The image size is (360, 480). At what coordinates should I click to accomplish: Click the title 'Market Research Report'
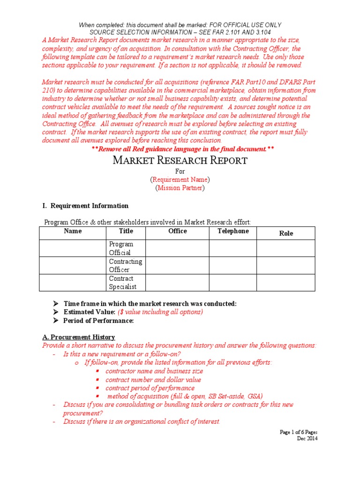click(180, 160)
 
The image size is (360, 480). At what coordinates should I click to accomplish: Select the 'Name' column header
click(73, 231)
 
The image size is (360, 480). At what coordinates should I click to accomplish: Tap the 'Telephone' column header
click(233, 231)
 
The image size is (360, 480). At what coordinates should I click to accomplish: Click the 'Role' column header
click(286, 233)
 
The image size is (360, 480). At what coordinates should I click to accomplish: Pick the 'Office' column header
click(178, 231)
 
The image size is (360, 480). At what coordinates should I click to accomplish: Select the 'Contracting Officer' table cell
click(126, 266)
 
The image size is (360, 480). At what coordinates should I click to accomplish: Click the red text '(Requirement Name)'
click(180, 180)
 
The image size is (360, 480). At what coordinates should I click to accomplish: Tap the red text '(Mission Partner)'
click(180, 188)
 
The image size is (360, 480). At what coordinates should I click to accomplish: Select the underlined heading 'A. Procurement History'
click(78, 337)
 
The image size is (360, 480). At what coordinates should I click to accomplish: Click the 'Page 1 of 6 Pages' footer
click(298, 432)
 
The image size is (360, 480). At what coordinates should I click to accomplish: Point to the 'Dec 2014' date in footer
click(307, 438)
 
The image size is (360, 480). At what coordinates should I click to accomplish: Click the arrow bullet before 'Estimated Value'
click(55, 312)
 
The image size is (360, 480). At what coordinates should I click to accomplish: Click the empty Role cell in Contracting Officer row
click(286, 266)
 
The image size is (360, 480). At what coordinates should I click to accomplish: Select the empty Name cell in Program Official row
click(73, 248)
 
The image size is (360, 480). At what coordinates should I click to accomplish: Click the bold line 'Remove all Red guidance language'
click(183, 149)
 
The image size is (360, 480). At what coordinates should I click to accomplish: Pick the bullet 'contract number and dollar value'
click(153, 380)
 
